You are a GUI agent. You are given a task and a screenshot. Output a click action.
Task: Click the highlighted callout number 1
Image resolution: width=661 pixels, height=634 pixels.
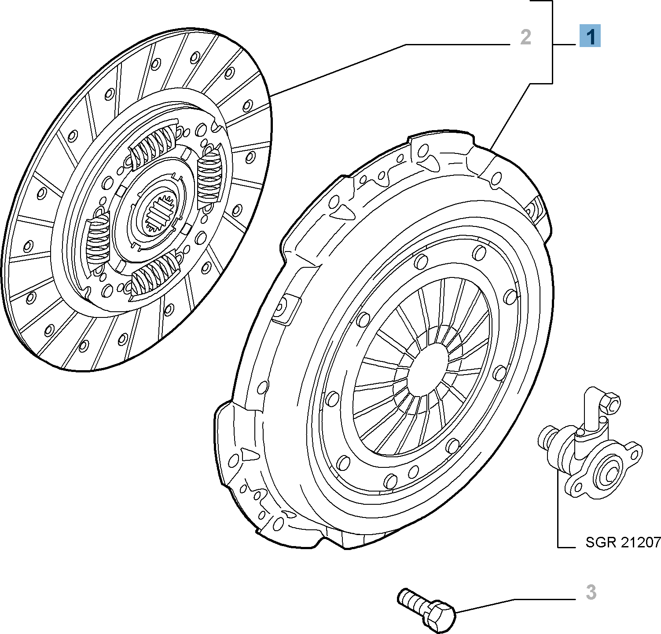(x=590, y=36)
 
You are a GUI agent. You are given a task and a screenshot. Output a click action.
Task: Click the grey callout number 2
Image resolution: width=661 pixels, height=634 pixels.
(x=525, y=37)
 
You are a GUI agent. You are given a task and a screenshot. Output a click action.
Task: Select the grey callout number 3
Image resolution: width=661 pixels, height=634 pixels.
(x=591, y=592)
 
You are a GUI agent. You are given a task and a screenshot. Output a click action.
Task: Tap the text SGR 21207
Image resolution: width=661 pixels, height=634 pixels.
(x=623, y=542)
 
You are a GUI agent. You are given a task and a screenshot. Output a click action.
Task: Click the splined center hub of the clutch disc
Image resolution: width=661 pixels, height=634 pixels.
(x=160, y=214)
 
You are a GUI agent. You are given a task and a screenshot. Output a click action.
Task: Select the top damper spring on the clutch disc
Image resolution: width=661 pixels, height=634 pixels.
(x=154, y=145)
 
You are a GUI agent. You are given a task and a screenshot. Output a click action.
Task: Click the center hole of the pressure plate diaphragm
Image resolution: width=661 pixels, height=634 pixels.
(x=428, y=369)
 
